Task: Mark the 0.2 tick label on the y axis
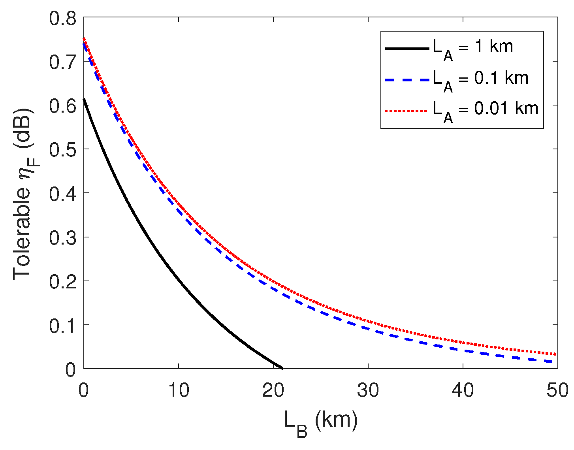click(x=62, y=282)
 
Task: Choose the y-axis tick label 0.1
click(x=62, y=326)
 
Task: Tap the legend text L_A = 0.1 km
click(x=480, y=79)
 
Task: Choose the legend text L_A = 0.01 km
click(x=486, y=110)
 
